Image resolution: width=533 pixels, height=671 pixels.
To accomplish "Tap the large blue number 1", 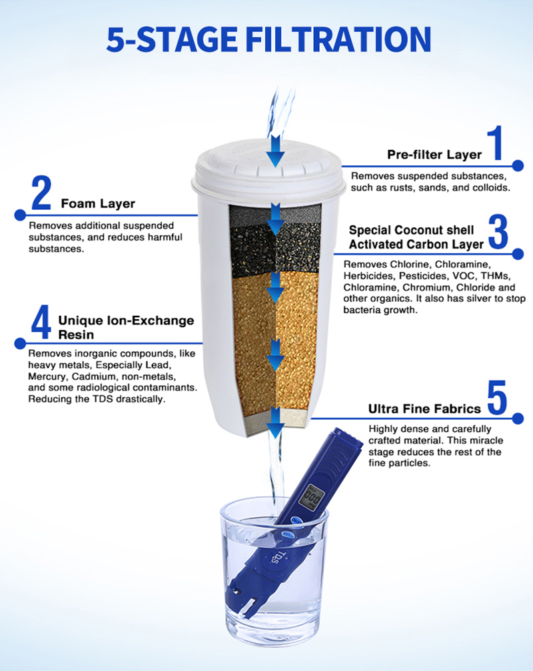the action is tap(495, 143).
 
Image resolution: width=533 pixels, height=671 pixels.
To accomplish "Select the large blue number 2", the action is tap(41, 193).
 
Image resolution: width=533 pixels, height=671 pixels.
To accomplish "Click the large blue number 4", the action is tap(41, 321).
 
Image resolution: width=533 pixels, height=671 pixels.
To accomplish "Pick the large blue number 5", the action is tap(497, 398).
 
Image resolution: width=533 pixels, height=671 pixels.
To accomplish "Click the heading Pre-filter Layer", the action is tap(434, 155).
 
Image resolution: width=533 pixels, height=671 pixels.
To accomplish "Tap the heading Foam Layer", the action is tap(98, 203).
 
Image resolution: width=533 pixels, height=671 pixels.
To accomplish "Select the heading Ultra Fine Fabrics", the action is tap(424, 409).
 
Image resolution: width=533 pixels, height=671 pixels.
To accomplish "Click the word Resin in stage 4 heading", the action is tap(76, 335).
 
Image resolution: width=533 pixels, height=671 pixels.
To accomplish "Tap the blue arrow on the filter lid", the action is tap(275, 151).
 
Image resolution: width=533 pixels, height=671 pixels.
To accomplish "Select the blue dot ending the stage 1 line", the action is tap(518, 166).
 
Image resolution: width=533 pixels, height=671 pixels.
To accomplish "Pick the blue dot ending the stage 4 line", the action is tap(20, 343).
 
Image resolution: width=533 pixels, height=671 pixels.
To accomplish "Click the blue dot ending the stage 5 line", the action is tap(518, 418).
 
